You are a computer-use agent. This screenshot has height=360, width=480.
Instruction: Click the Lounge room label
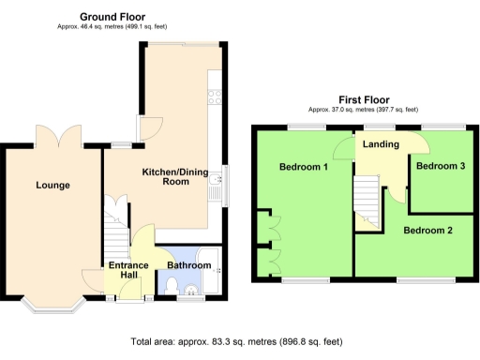pyautogui.click(x=53, y=185)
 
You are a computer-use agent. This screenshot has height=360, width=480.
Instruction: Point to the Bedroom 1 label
pyautogui.click(x=303, y=168)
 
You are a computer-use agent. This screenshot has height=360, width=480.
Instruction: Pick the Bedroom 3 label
pyautogui.click(x=440, y=166)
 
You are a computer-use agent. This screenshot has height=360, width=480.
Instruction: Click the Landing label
pyautogui.click(x=382, y=144)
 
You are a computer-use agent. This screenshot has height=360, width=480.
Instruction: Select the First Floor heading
pyautogui.click(x=364, y=100)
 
